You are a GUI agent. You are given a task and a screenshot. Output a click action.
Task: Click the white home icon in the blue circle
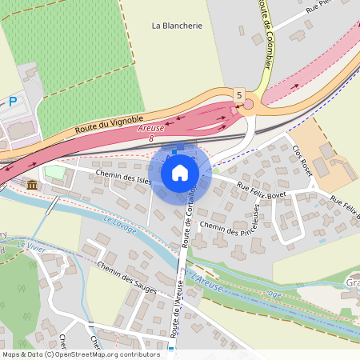[180, 172]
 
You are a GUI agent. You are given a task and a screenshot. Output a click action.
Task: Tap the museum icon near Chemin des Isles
[32, 186]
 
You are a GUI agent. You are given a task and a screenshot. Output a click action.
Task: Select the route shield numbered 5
[238, 94]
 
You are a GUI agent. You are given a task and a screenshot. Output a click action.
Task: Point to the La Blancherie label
[177, 26]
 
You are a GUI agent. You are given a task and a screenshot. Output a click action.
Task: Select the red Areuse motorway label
[150, 128]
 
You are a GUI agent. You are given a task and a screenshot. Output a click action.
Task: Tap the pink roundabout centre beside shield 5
[248, 104]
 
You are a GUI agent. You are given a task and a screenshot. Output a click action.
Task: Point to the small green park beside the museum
[54, 172]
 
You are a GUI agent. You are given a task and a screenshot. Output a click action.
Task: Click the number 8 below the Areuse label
[151, 138]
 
